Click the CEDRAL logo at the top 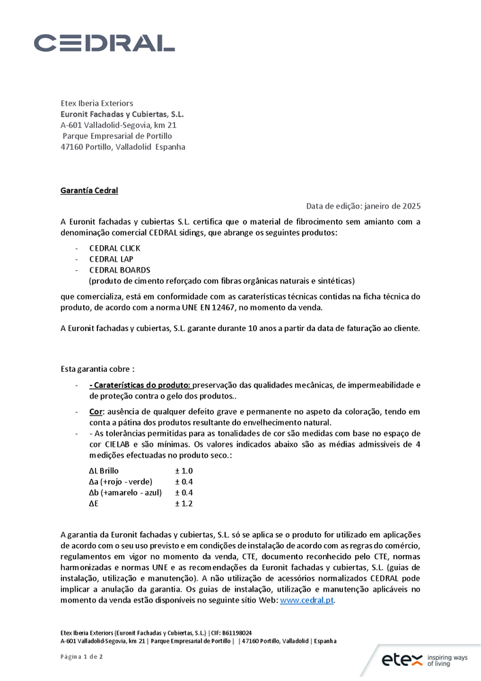tap(104, 43)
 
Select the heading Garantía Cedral tap(89, 190)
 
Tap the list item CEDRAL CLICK tap(114, 249)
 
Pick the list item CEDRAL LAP tap(110, 259)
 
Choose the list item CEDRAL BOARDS tap(120, 270)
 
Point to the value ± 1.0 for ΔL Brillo tap(184, 471)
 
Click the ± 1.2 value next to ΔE tap(184, 503)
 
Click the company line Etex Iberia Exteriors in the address tap(97, 103)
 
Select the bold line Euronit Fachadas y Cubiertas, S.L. tap(122, 114)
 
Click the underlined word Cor tap(95, 412)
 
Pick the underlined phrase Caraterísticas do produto tap(141, 385)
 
